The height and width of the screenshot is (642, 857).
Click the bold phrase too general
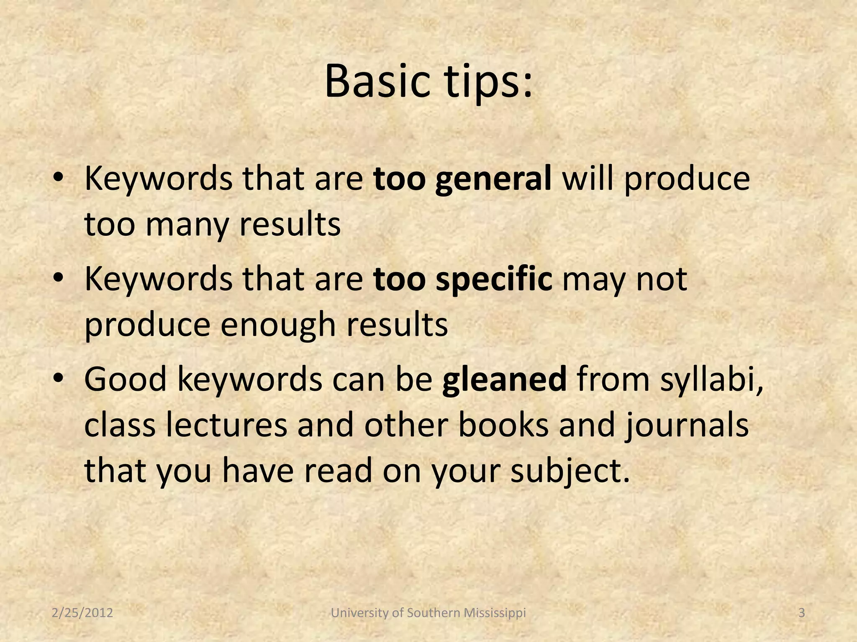pos(462,179)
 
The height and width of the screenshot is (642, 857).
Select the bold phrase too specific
pos(463,279)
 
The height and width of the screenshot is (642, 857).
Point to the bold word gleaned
pos(504,379)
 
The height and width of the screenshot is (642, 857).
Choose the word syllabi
pos(712,379)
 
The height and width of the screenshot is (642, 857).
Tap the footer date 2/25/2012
pos(82,613)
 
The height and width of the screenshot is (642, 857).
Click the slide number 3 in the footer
pos(801,613)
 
